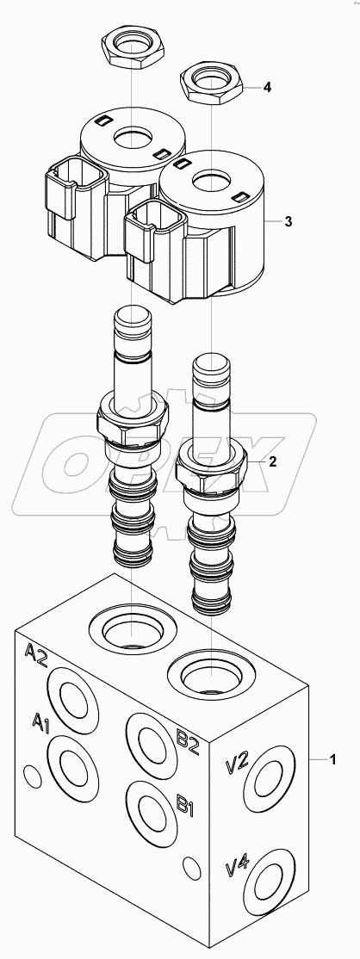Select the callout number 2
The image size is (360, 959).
tap(273, 462)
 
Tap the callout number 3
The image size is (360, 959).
tap(289, 221)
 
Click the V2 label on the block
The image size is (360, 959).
tap(237, 763)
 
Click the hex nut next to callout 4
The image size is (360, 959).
tap(212, 86)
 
